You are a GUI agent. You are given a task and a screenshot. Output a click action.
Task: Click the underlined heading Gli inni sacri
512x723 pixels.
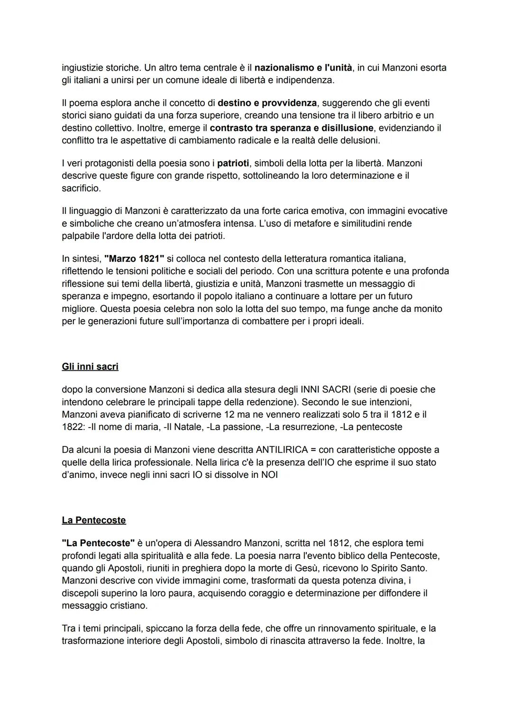tap(90, 366)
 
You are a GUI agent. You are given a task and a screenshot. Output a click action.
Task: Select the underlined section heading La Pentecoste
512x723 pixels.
tap(94, 520)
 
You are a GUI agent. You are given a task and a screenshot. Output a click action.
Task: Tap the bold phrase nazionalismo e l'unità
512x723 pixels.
tap(303, 68)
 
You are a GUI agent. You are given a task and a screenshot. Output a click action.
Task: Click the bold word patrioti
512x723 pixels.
tap(233, 163)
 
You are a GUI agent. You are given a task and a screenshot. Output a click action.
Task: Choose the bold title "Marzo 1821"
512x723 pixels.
tap(134, 259)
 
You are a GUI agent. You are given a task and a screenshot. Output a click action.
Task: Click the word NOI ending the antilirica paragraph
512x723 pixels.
tap(269, 475)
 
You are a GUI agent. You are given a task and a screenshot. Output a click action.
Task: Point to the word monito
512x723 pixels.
tap(428, 309)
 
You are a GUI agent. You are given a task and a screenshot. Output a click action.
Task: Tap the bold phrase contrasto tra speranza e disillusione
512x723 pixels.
tap(291, 128)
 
